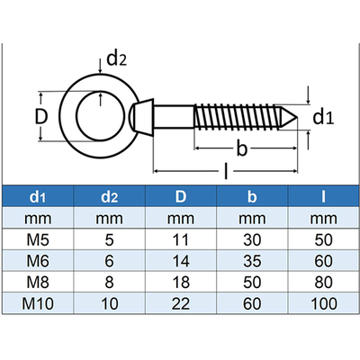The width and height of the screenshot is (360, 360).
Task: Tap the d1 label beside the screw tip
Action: (323, 117)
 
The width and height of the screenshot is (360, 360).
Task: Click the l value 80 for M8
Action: (319, 282)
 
